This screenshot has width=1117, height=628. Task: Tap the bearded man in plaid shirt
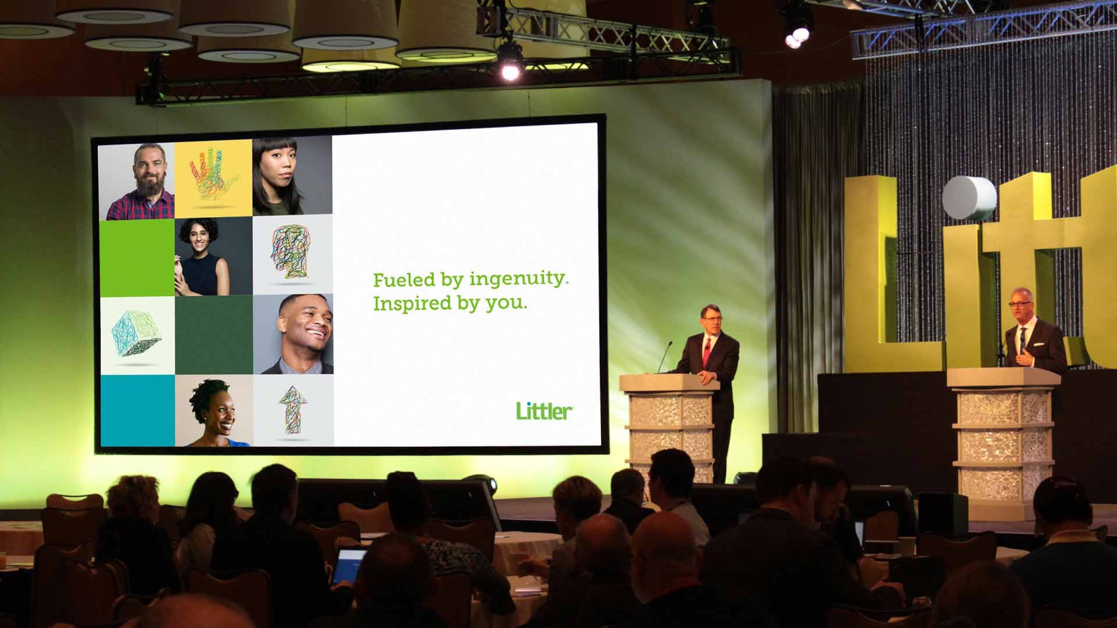click(x=140, y=182)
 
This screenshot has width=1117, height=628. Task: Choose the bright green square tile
click(x=137, y=258)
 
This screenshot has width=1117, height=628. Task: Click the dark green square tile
click(x=214, y=335)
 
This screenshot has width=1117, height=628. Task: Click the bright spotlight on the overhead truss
click(x=511, y=71)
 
